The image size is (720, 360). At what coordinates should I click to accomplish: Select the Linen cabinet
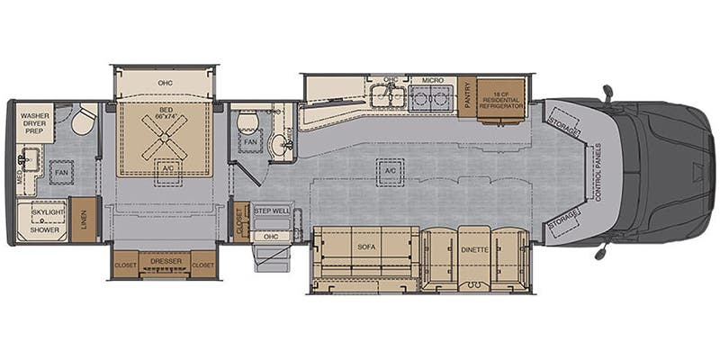pos(84,219)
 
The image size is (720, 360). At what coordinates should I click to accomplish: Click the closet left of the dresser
pos(125,265)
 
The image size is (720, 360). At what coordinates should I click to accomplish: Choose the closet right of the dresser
pos(203,265)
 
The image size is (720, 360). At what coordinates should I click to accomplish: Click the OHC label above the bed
pos(166,84)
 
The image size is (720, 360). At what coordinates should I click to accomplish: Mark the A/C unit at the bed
pos(166,167)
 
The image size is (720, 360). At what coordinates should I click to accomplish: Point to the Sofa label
pos(365,246)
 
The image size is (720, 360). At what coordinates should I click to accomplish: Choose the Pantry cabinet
pos(467,96)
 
